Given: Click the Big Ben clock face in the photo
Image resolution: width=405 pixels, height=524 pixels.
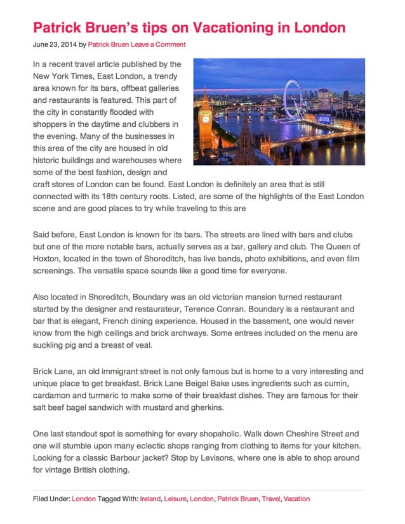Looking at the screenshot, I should pyautogui.click(x=205, y=118).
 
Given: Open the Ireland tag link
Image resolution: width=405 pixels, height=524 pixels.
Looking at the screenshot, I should pyautogui.click(x=150, y=499).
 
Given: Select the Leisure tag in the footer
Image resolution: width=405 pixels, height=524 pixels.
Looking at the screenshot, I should pyautogui.click(x=175, y=499).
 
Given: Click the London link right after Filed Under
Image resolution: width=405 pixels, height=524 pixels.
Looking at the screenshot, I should pyautogui.click(x=84, y=499).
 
